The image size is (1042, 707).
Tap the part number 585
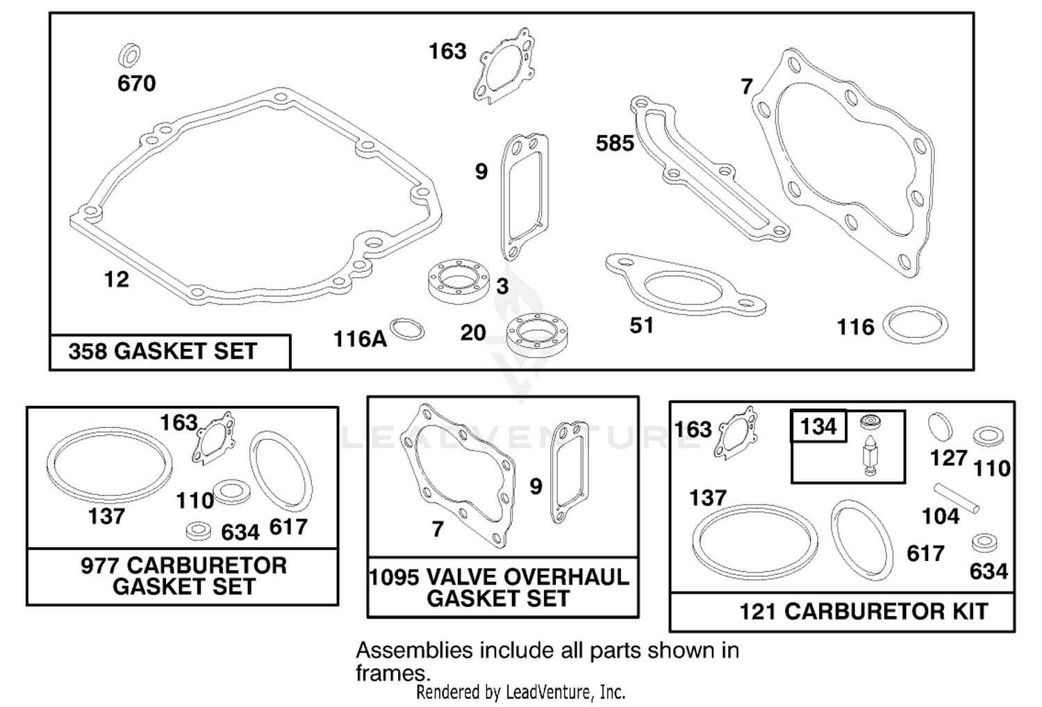(615, 143)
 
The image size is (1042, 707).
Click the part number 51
(642, 325)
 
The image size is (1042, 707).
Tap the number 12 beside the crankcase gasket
(116, 279)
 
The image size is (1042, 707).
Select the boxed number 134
(819, 426)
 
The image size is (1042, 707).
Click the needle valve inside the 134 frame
(870, 455)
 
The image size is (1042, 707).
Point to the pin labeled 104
(957, 498)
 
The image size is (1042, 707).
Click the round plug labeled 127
(940, 426)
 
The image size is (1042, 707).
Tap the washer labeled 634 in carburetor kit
(984, 543)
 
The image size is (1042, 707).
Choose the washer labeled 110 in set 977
(231, 491)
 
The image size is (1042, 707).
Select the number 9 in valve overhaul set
(536, 487)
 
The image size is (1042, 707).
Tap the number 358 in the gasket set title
(88, 351)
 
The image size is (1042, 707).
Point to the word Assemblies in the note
(414, 651)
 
